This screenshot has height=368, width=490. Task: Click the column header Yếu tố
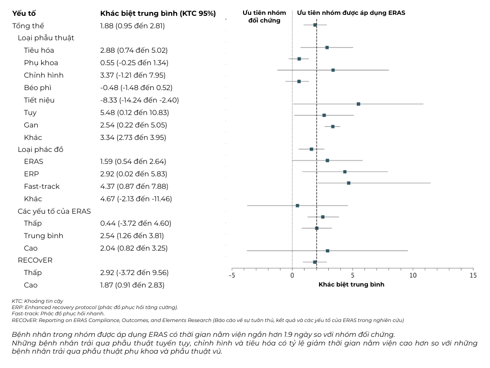24,13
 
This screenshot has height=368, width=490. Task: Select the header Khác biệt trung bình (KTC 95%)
158,13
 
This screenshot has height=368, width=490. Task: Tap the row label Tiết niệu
39,100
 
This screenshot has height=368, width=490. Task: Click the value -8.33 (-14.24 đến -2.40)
140,100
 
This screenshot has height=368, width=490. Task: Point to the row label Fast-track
42,186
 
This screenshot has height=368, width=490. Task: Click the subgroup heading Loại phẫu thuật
46,38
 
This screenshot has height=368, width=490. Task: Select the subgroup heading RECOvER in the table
35,260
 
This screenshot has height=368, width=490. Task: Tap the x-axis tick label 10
413,276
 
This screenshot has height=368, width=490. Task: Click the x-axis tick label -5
232,276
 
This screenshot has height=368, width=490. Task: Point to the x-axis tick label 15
473,276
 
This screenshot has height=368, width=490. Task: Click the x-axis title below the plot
351,285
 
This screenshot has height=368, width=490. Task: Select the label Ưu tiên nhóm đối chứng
265,17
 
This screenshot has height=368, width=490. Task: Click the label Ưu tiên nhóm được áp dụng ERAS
351,13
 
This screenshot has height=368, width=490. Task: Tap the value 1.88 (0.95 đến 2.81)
133,26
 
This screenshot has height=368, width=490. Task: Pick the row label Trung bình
44,236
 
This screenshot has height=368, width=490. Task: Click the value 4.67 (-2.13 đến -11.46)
136,199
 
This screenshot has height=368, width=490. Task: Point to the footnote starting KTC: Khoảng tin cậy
37,301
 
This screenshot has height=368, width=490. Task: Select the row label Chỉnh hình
44,75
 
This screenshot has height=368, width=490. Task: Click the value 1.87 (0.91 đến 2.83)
132,285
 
